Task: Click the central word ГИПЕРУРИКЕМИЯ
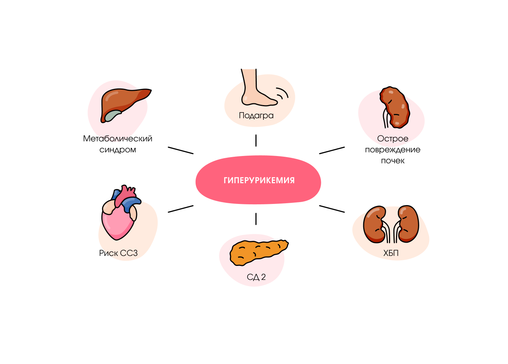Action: pyautogui.click(x=259, y=180)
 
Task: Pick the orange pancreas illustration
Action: pyautogui.click(x=258, y=252)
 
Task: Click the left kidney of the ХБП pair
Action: pyautogui.click(x=375, y=224)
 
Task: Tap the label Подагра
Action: pyautogui.click(x=256, y=115)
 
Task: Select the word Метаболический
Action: pyautogui.click(x=118, y=139)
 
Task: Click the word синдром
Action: pyautogui.click(x=118, y=150)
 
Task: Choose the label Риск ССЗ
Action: pyautogui.click(x=118, y=253)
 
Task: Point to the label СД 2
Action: pyautogui.click(x=256, y=277)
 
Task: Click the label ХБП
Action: pyautogui.click(x=391, y=253)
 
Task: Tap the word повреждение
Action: pyautogui.click(x=393, y=150)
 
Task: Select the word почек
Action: pyautogui.click(x=393, y=161)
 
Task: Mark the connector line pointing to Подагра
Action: pyautogui.click(x=256, y=141)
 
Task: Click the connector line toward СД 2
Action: pyautogui.click(x=256, y=219)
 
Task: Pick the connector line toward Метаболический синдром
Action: pyautogui.click(x=181, y=150)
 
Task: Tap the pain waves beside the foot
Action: pyautogui.click(x=283, y=94)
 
